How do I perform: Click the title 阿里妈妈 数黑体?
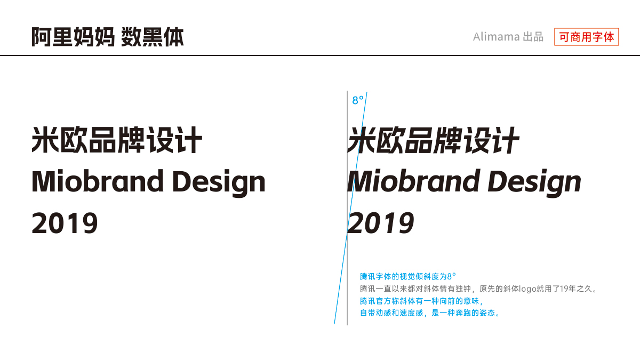[107, 37]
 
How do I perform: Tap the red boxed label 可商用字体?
[587, 37]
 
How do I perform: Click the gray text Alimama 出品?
[508, 37]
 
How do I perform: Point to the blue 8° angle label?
[358, 100]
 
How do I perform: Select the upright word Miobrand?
[97, 181]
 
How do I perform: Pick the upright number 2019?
[65, 223]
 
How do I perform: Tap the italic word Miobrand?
[413, 181]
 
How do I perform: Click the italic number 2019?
[381, 223]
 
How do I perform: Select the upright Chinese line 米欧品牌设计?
[117, 140]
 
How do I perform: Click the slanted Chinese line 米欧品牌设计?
[433, 140]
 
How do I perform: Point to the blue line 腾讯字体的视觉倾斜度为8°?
[407, 276]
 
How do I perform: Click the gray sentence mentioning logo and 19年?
[478, 289]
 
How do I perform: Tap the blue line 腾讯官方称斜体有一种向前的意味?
[421, 301]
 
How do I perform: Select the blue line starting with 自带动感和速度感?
[430, 313]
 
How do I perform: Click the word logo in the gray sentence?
[527, 289]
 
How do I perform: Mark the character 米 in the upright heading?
[45, 140]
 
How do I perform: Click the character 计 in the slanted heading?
[505, 140]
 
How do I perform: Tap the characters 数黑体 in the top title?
[153, 37]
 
